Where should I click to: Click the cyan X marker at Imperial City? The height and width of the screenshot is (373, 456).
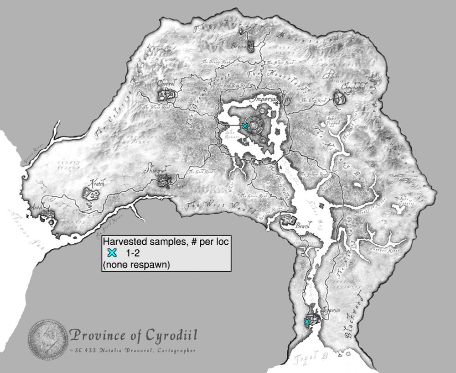245,126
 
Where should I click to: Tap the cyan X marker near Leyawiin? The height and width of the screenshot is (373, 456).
307,322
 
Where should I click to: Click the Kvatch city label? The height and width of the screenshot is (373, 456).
97,183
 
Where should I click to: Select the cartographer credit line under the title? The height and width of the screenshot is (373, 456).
134,351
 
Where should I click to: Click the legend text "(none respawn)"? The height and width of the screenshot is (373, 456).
137,265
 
